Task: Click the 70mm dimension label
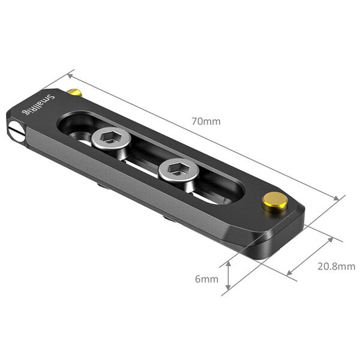(206, 121)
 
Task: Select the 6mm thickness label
(206, 279)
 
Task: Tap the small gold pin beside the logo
(74, 92)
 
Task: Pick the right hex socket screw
(178, 170)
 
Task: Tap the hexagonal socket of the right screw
(178, 169)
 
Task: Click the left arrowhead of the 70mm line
(70, 75)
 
